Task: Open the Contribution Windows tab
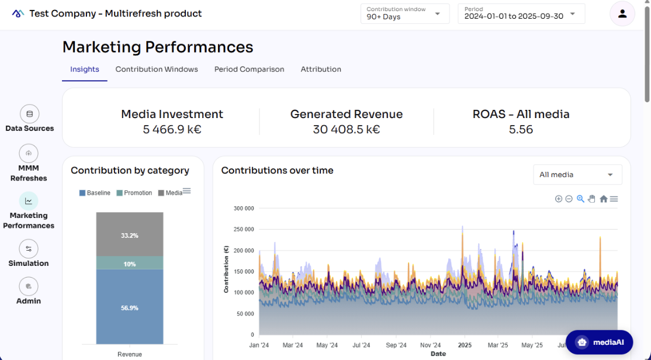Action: click(x=157, y=69)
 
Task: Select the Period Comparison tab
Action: click(x=249, y=69)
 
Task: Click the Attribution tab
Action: click(x=321, y=69)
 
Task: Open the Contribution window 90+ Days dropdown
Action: click(x=404, y=13)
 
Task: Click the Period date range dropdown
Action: click(x=521, y=13)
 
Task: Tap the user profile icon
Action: click(x=622, y=13)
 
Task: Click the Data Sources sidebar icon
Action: click(x=29, y=114)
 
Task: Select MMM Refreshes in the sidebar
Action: click(x=29, y=154)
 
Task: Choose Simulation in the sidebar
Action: click(x=29, y=250)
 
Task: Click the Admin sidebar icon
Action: click(x=29, y=287)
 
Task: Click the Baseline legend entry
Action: click(x=95, y=193)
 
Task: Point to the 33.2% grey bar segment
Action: click(x=130, y=235)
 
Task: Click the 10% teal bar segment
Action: click(x=130, y=264)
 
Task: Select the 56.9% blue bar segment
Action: click(x=130, y=307)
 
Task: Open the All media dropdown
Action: click(x=577, y=175)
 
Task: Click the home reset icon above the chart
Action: click(x=603, y=199)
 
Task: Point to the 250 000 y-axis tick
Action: click(x=243, y=229)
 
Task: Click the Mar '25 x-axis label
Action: click(x=498, y=345)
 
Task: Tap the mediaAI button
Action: click(x=598, y=342)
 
